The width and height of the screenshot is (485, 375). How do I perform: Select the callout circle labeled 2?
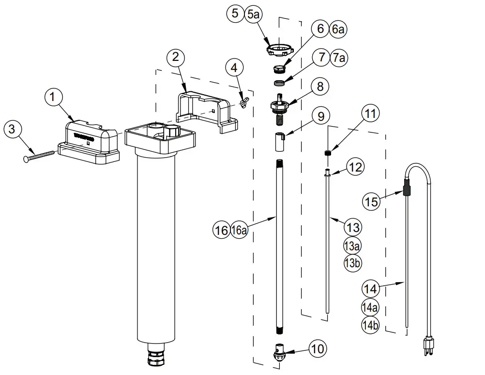pos(176,58)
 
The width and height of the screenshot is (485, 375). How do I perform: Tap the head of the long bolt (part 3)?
pos(26,159)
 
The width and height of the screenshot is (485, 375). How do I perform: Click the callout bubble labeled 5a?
pos(254,14)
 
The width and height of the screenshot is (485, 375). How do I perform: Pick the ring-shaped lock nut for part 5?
pos(280,49)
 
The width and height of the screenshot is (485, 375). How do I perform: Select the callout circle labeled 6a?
pos(338,29)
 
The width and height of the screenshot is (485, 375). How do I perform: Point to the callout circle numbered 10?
pos(318,348)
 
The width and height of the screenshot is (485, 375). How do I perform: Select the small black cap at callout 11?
pos(327,154)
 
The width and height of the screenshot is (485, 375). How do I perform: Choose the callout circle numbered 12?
pos(355,167)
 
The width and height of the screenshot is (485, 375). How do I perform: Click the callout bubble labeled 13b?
pos(352,263)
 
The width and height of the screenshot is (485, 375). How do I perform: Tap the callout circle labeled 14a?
pos(370,307)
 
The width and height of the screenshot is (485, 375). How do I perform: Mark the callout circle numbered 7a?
pos(339,58)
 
